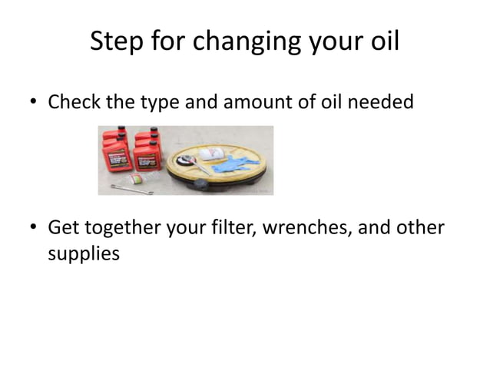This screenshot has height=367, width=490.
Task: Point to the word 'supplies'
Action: tap(84, 253)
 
